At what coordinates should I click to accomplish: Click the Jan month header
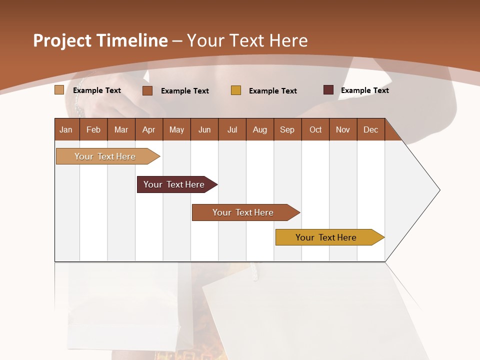click(66, 129)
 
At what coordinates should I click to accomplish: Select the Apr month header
click(148, 129)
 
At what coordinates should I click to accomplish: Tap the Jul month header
click(232, 129)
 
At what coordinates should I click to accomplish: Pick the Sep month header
click(287, 129)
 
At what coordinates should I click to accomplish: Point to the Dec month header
click(370, 129)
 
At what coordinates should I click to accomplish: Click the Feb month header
click(93, 129)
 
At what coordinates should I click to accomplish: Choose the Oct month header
click(315, 129)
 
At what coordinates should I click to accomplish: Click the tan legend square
click(59, 90)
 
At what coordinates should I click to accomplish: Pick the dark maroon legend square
click(328, 90)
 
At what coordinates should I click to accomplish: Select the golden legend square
click(236, 90)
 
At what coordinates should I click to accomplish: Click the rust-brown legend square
click(147, 90)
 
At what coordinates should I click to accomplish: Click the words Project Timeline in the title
click(100, 40)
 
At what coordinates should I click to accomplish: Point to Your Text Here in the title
click(247, 40)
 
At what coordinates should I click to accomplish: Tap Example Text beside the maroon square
click(364, 90)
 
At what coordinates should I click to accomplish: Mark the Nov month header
click(342, 129)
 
